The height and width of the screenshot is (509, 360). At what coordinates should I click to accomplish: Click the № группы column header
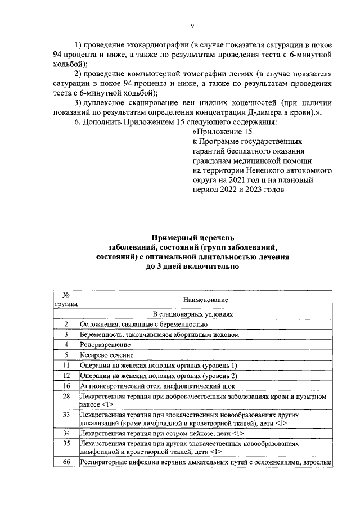coord(66,300)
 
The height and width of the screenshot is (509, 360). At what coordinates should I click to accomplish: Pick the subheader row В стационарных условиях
coord(192,314)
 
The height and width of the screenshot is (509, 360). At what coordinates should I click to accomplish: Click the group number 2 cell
coord(66,325)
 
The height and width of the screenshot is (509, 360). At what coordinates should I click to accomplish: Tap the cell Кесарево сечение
coord(107,355)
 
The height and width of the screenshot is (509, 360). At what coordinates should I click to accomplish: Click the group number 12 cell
coord(66,375)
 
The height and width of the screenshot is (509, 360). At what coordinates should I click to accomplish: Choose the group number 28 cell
coord(66,397)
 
